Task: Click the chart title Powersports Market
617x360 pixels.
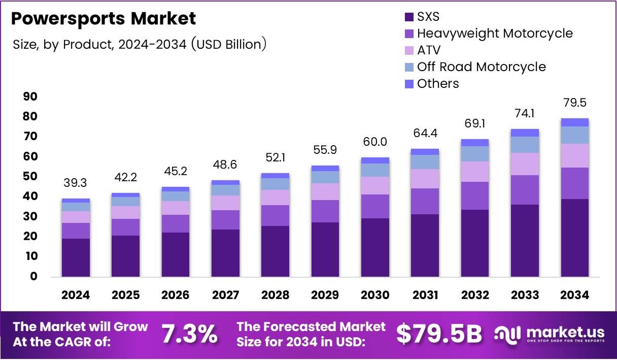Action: click(103, 19)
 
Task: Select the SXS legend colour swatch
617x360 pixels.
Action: click(409, 17)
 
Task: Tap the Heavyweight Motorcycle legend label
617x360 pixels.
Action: click(495, 34)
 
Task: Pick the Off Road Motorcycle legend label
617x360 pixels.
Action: click(481, 67)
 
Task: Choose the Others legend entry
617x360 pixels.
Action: click(438, 84)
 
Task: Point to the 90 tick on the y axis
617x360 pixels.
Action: click(30, 96)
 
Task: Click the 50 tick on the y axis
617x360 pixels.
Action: click(30, 176)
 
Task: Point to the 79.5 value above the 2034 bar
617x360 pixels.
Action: click(574, 103)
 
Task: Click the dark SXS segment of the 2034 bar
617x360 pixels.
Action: click(574, 238)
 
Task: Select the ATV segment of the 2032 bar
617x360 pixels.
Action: click(474, 172)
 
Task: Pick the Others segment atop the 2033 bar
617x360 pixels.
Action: click(525, 133)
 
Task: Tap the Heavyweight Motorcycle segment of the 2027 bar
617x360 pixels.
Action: click(225, 220)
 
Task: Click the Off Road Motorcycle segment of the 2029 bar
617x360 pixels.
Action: click(325, 177)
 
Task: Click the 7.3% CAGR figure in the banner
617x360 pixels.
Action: click(189, 334)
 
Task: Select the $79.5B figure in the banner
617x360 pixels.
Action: click(438, 334)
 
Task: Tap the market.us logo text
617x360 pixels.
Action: click(566, 333)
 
